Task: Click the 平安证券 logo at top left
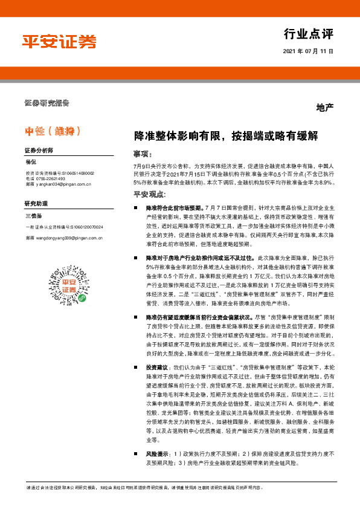pyautogui.click(x=59, y=41)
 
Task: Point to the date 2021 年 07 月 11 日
pyautogui.click(x=308, y=51)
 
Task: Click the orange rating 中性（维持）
pyautogui.click(x=53, y=131)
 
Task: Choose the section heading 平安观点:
pyautogui.click(x=149, y=195)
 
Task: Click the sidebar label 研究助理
pyautogui.click(x=36, y=204)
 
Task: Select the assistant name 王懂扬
pyautogui.click(x=33, y=216)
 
